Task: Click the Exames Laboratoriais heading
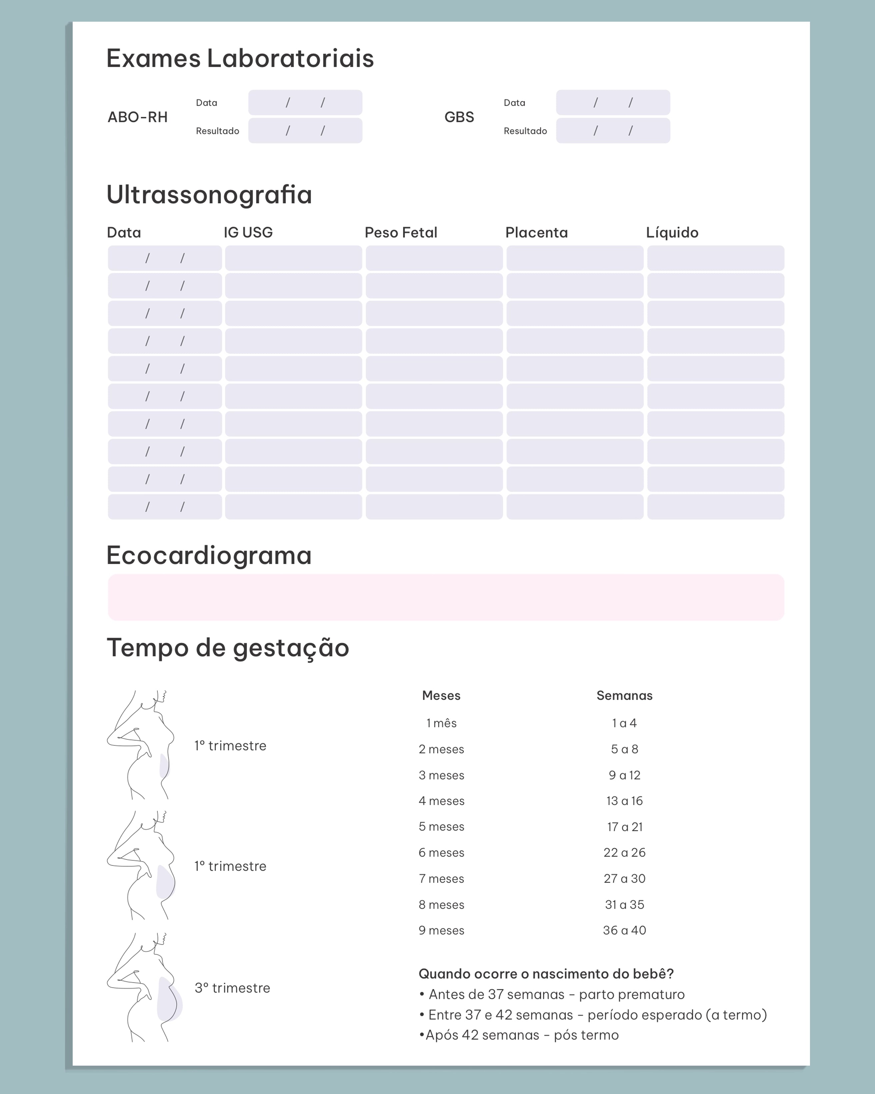240,58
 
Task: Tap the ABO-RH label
138,117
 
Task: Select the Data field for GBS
613,102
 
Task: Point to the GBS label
459,117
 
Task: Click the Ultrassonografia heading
209,195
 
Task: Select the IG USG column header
248,232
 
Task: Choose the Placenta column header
536,232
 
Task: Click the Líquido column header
672,232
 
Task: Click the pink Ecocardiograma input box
446,597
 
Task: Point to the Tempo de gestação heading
228,648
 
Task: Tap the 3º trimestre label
232,988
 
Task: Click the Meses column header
441,696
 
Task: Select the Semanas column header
624,696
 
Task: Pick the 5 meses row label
441,827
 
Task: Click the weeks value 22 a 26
624,852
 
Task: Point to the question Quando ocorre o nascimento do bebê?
546,974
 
